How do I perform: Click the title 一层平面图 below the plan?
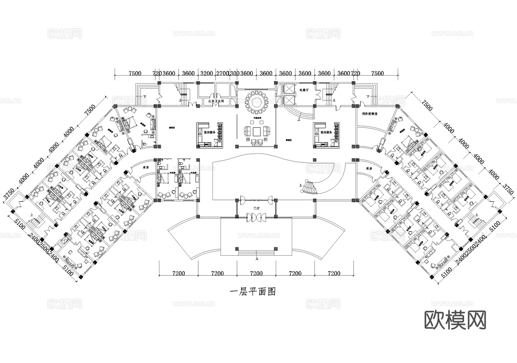point(253,292)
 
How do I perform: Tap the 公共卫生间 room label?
point(216,101)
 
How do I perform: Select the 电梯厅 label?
point(304,90)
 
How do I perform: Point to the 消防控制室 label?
point(370,114)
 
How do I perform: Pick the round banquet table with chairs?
point(256,101)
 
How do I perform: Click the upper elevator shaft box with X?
point(289,88)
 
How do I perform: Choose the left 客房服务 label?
point(209,133)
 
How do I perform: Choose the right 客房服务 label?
point(326,133)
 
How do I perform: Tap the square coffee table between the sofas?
point(256,132)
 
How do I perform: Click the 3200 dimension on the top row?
point(207,73)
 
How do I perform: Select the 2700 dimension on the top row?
point(222,73)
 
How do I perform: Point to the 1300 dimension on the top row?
point(234,73)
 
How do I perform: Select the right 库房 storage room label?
point(369,169)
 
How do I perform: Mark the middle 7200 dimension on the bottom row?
point(256,273)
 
